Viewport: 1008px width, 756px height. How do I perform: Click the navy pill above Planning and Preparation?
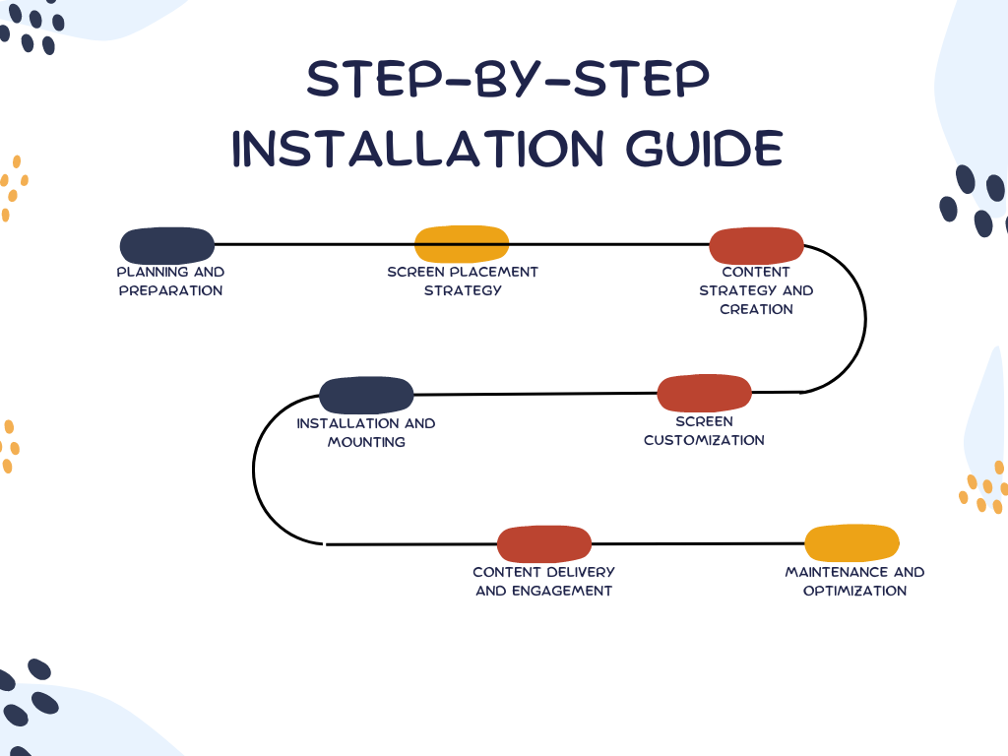point(166,246)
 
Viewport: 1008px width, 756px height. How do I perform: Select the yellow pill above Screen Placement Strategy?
point(462,245)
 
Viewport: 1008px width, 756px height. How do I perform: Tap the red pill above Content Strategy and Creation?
point(757,245)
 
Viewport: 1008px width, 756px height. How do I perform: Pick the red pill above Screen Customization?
point(704,394)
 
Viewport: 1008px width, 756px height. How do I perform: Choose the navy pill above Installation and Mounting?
point(366,396)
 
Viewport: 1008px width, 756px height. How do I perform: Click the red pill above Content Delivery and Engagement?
point(544,544)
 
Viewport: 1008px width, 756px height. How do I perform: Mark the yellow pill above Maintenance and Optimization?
point(852,543)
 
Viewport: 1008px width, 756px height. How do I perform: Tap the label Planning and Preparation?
point(170,282)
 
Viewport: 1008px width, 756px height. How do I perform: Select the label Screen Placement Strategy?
point(463,282)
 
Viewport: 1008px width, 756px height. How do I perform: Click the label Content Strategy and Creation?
point(756,290)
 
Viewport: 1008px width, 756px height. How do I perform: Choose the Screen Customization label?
point(704,431)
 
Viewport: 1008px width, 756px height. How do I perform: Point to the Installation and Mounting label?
point(366,433)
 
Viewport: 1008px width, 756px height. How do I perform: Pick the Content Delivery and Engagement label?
point(543,582)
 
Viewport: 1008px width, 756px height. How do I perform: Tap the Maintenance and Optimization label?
point(854,582)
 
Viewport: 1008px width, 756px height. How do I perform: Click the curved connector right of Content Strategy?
point(864,317)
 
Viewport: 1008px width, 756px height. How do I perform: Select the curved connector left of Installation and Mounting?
point(254,470)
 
